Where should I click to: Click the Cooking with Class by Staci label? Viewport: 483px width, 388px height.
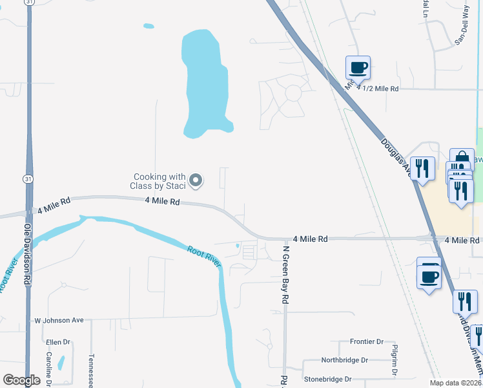(x=159, y=181)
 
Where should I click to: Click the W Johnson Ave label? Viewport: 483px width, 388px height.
(x=59, y=319)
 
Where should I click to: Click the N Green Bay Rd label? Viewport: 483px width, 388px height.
(x=283, y=275)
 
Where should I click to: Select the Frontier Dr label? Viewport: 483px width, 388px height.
(x=366, y=341)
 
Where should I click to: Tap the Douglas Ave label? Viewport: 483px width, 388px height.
(x=395, y=156)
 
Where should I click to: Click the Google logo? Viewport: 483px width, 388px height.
(x=22, y=380)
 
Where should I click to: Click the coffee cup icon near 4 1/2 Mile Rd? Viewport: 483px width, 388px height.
(x=358, y=67)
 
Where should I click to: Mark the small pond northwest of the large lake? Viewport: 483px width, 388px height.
(x=149, y=27)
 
